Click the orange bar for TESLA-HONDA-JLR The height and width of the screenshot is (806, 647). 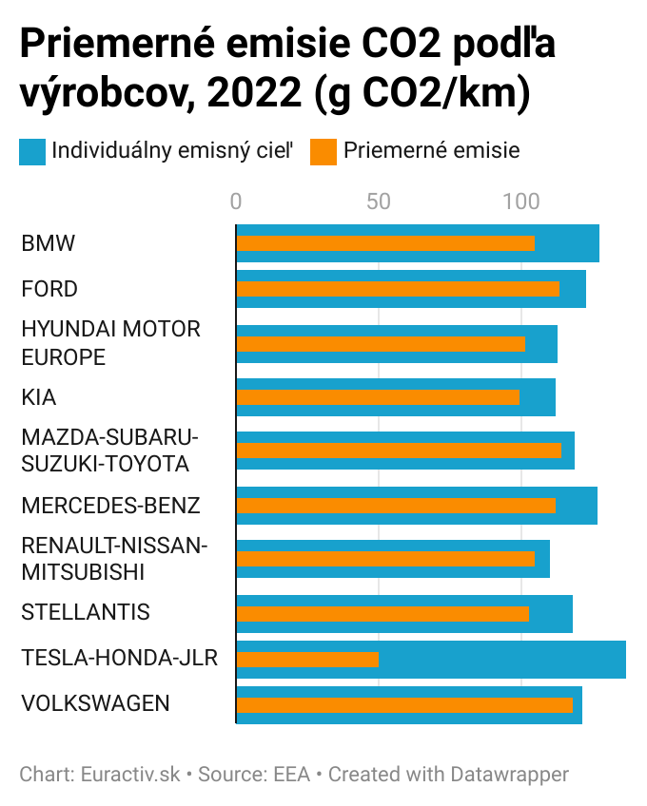pyautogui.click(x=307, y=660)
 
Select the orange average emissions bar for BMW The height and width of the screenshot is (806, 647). pyautogui.click(x=385, y=243)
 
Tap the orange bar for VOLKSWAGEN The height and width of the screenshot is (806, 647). pyautogui.click(x=404, y=704)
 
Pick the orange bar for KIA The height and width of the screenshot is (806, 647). pyautogui.click(x=378, y=397)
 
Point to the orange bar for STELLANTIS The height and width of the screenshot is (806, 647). pyautogui.click(x=382, y=614)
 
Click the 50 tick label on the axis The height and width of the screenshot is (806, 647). pyautogui.click(x=379, y=201)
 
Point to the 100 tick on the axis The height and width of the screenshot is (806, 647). pyautogui.click(x=520, y=201)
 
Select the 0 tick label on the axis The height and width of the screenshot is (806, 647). pyautogui.click(x=236, y=201)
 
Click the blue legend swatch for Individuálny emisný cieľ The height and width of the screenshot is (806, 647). pyautogui.click(x=32, y=151)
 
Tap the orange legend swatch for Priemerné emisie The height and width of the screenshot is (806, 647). pyautogui.click(x=323, y=151)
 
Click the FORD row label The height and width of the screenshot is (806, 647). pyautogui.click(x=49, y=289)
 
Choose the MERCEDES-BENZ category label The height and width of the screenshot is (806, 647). pyautogui.click(x=110, y=506)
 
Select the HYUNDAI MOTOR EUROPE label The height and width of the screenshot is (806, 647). pyautogui.click(x=110, y=343)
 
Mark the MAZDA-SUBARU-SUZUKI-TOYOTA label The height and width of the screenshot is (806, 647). pyautogui.click(x=109, y=451)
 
